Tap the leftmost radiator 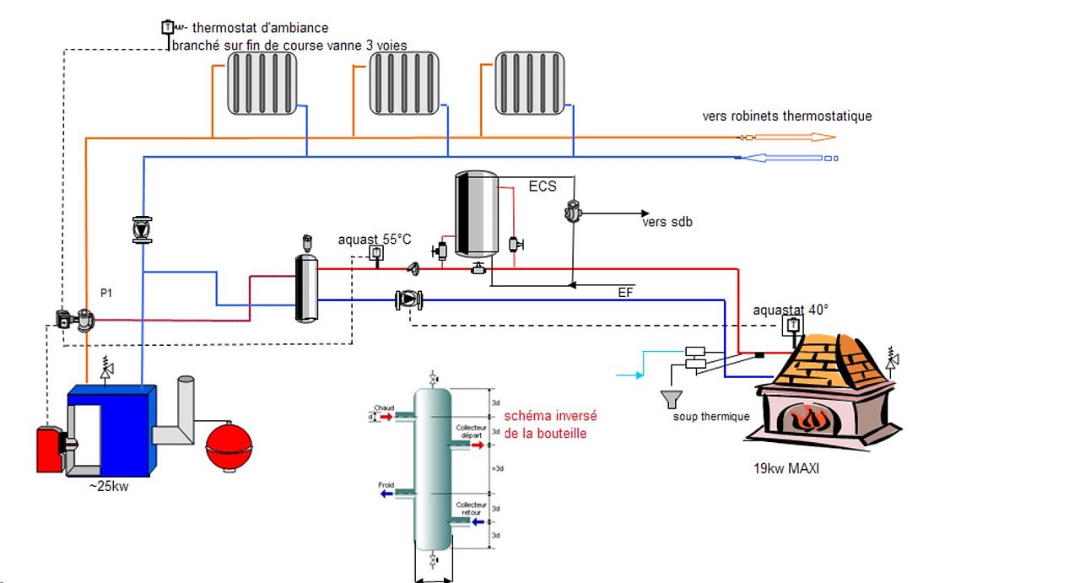coord(262,83)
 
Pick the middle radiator coord(405,83)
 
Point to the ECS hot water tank coord(476,213)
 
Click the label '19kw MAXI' coord(786,468)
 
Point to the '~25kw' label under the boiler coord(109,488)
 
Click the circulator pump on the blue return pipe coord(409,300)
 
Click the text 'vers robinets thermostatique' coord(787,116)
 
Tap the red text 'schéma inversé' coord(550,416)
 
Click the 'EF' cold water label coord(625,293)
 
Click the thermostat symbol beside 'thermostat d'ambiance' coord(167,28)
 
